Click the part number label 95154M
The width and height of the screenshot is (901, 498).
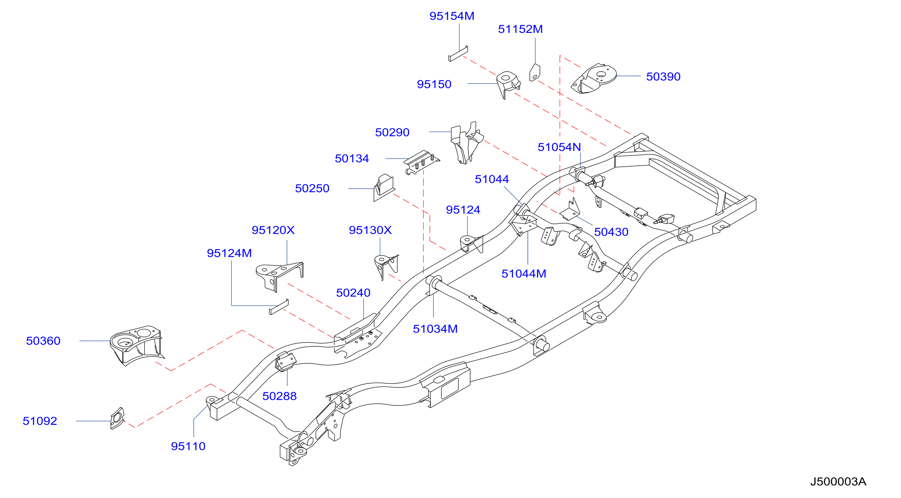[x=452, y=16]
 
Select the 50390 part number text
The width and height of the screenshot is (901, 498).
[x=663, y=77]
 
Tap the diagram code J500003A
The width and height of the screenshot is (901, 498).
[x=838, y=482]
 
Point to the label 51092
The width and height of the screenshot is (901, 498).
[x=40, y=421]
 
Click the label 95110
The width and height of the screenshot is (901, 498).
[x=188, y=446]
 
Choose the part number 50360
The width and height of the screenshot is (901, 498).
[x=43, y=341]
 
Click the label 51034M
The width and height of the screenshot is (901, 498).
[x=435, y=329]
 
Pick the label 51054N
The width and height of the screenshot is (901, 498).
[x=559, y=147]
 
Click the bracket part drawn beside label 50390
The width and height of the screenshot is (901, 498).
[x=594, y=79]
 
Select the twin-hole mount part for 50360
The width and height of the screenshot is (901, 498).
[x=136, y=345]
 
